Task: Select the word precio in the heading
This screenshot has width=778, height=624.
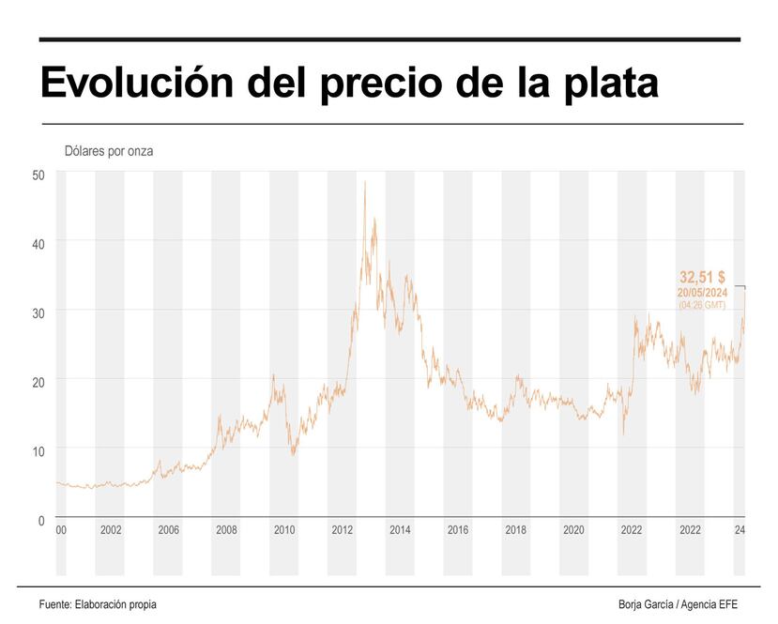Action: (386, 84)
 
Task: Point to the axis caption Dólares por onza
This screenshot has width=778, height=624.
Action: (109, 151)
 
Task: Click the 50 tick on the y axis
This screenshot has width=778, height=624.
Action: (38, 175)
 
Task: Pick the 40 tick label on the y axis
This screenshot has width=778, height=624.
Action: (38, 243)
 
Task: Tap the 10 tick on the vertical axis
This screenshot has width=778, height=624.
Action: (38, 451)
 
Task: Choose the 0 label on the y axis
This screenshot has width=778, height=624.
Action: (41, 520)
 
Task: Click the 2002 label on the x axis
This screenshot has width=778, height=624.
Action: (111, 530)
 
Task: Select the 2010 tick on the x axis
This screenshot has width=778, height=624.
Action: (284, 530)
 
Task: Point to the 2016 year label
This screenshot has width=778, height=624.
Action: (458, 530)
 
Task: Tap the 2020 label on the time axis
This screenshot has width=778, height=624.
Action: (573, 530)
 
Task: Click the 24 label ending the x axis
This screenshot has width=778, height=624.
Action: (740, 530)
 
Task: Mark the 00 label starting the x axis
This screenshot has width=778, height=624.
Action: (61, 530)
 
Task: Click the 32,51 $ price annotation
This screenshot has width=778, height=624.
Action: (702, 278)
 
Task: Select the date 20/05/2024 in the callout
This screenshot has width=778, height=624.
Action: (702, 293)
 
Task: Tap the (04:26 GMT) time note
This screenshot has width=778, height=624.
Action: (702, 305)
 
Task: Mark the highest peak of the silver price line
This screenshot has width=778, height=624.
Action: (364, 182)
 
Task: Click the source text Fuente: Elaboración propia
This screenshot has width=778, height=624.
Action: (98, 604)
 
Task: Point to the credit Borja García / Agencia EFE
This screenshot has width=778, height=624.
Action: (678, 604)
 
